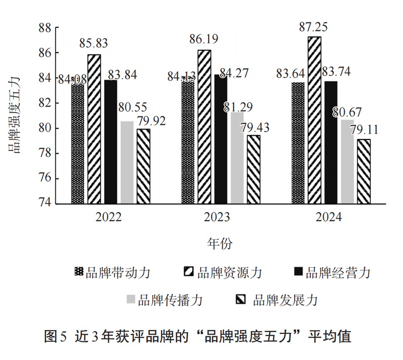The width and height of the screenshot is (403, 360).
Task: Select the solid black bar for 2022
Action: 111,142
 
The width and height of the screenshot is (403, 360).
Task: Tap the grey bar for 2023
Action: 237,158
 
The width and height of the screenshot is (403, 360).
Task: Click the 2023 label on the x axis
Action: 217,217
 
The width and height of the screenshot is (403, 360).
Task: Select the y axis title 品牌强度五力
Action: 17,115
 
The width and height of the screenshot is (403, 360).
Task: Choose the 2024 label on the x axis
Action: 328,217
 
